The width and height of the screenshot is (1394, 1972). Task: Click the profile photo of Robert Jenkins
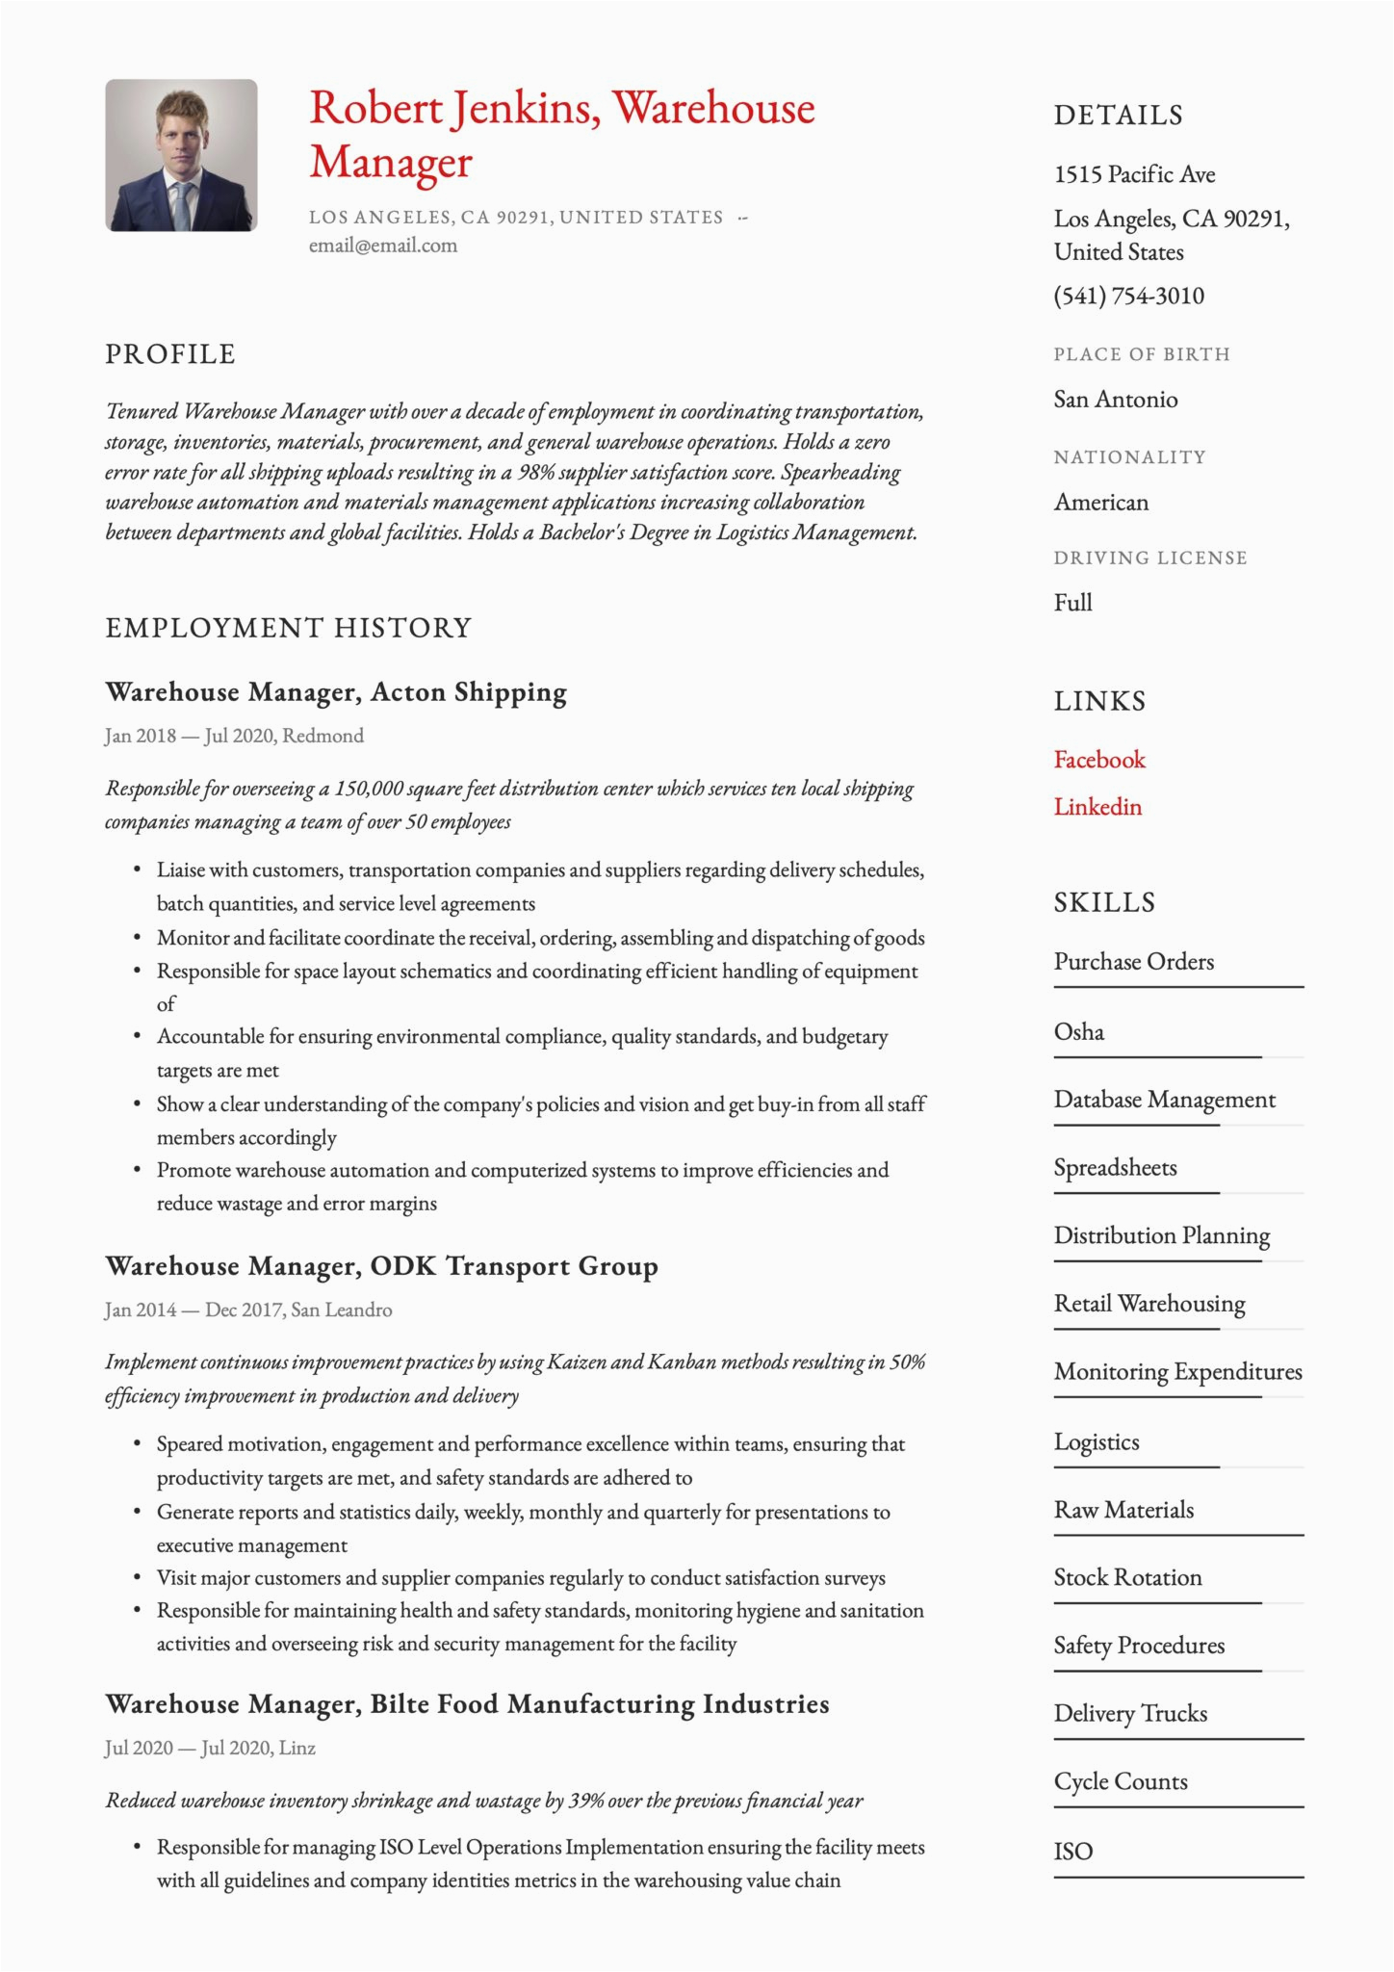181,155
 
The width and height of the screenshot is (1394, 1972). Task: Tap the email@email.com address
383,246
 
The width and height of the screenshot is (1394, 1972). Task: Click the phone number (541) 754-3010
1128,296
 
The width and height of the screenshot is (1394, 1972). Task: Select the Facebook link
1099,760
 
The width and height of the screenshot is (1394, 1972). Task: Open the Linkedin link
1097,807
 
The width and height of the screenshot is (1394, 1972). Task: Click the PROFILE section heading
170,354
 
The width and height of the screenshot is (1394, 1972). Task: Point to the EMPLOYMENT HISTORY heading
289,628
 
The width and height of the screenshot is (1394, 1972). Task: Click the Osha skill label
1078,1032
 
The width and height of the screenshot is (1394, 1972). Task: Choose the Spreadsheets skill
1115,1168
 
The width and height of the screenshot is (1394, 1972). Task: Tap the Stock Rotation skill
1127,1578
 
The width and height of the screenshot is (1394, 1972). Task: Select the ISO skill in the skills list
1072,1852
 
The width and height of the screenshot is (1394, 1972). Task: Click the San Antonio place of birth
1115,400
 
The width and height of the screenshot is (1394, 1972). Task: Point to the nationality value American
1100,503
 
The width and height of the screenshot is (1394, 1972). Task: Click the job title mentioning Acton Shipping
336,692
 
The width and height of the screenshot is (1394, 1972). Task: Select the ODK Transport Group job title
381,1266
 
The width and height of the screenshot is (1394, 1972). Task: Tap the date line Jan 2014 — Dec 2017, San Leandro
248,1310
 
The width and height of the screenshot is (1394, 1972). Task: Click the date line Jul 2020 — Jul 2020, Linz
210,1749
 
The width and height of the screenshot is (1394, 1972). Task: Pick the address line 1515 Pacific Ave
1134,174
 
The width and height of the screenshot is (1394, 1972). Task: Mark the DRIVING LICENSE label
1149,558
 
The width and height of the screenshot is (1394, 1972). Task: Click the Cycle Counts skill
1121,1782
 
